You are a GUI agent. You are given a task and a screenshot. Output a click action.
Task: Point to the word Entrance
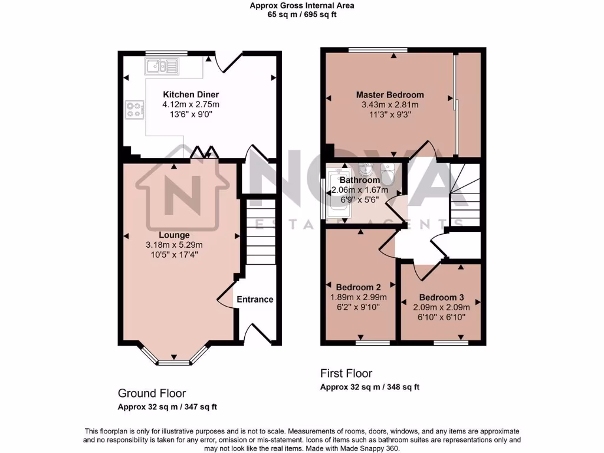pos(255,299)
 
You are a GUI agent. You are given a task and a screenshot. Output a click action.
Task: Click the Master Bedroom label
pos(389,94)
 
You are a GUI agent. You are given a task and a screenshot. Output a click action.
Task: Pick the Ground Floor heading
pos(152,393)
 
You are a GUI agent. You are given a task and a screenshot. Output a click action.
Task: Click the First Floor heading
pos(346,373)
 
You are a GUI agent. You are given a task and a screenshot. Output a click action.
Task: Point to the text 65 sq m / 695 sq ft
pos(301,15)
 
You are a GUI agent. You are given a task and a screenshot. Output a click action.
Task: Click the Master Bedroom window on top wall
pos(377,50)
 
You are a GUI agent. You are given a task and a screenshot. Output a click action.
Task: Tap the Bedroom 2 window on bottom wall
pos(373,342)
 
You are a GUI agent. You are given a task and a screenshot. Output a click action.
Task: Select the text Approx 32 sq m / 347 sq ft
pos(168,407)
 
